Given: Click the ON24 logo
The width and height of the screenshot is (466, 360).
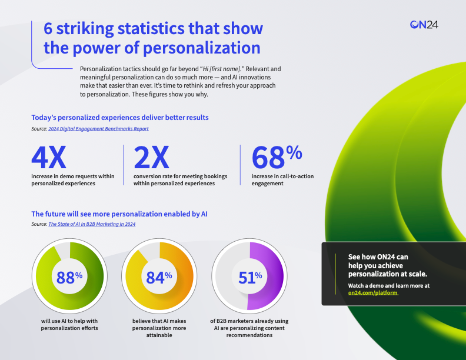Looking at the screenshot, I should pos(424,24).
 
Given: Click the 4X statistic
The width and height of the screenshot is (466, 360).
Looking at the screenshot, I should pos(49,158).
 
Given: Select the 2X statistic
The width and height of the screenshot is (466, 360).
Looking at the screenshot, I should pos(151,158).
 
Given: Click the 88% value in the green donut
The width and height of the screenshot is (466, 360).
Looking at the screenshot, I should pos(69,277).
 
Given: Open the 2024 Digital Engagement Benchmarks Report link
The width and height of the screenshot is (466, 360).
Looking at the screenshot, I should pos(98,128).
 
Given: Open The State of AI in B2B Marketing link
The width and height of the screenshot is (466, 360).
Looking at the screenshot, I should pos(92,224).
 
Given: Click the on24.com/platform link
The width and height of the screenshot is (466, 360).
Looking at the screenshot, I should pos(373,292).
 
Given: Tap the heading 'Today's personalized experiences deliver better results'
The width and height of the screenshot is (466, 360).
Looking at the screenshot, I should pos(119,118).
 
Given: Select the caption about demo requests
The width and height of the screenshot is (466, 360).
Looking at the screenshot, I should pos(72,179).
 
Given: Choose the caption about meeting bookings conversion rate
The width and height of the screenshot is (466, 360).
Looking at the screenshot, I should pos(180,179).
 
